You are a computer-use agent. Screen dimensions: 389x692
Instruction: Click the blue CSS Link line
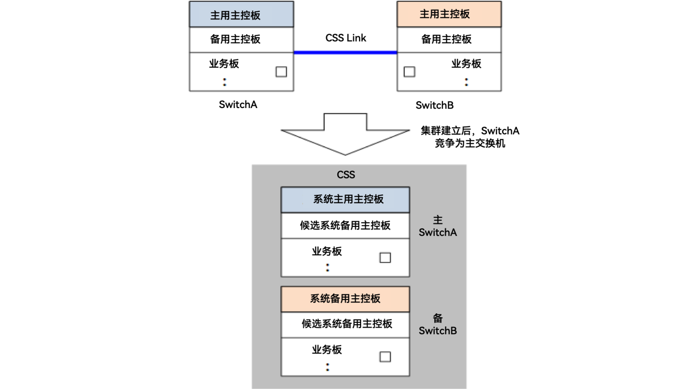coord(345,53)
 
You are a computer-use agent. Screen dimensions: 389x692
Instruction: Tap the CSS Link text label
coord(346,38)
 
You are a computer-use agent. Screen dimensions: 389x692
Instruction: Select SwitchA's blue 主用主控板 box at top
coord(241,15)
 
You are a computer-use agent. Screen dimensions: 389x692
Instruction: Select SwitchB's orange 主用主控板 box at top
coord(449,14)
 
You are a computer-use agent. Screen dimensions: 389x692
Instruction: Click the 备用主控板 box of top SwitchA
coord(241,39)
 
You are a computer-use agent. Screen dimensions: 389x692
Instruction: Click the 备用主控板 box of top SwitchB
coord(449,39)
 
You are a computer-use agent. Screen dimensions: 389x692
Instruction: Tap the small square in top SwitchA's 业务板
coord(281,72)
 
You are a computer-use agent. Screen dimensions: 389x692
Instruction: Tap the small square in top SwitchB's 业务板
coord(409,72)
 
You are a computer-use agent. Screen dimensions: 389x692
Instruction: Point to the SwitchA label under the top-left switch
coord(238,105)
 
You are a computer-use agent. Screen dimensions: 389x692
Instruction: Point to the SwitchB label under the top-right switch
coord(434,105)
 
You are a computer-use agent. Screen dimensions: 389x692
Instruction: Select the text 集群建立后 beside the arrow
coord(445,131)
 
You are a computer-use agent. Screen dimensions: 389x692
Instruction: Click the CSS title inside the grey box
coord(346,175)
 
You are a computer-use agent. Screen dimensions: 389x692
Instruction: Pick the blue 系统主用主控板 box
coord(345,199)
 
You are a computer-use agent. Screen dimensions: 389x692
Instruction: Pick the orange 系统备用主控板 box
coord(345,299)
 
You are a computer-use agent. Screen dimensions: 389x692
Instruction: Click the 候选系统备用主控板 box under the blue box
coord(345,225)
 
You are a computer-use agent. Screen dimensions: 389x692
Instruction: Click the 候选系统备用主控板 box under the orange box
coord(345,324)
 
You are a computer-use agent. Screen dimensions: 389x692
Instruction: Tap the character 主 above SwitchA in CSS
coord(438,220)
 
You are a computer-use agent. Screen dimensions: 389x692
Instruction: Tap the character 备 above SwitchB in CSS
coord(438,319)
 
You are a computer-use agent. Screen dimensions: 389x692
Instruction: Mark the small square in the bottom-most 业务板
coord(385,357)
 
